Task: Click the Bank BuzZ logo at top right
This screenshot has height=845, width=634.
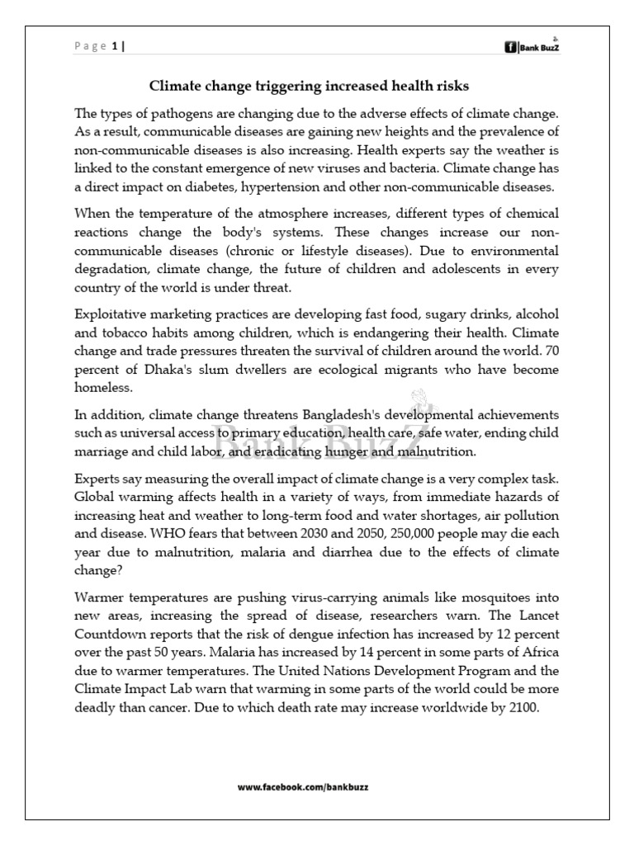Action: [537, 47]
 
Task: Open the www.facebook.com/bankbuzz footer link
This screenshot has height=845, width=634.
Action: [303, 787]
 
